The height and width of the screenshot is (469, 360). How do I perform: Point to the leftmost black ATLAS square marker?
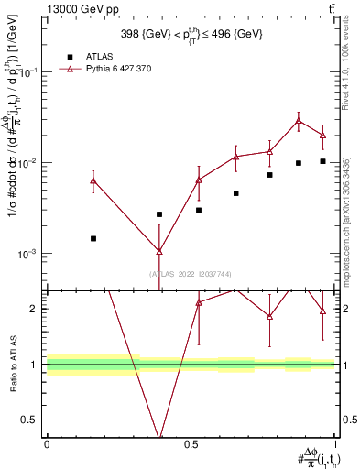click(x=93, y=238)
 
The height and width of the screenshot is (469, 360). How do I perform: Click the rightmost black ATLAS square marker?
click(x=322, y=161)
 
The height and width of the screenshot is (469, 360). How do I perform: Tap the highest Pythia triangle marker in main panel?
click(x=299, y=120)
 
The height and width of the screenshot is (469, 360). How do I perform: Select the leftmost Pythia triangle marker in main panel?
click(x=93, y=180)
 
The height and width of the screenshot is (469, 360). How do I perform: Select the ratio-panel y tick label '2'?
click(x=34, y=309)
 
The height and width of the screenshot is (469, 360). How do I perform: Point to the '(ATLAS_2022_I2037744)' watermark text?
click(x=191, y=274)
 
